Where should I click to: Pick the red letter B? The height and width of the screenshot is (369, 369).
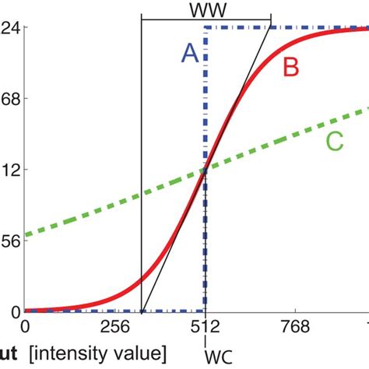coord(291,69)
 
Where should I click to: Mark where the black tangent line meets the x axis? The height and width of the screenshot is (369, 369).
coord(142,311)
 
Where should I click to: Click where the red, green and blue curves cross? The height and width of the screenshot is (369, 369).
coord(205,170)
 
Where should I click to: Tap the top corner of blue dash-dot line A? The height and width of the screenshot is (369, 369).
coord(205,27)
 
